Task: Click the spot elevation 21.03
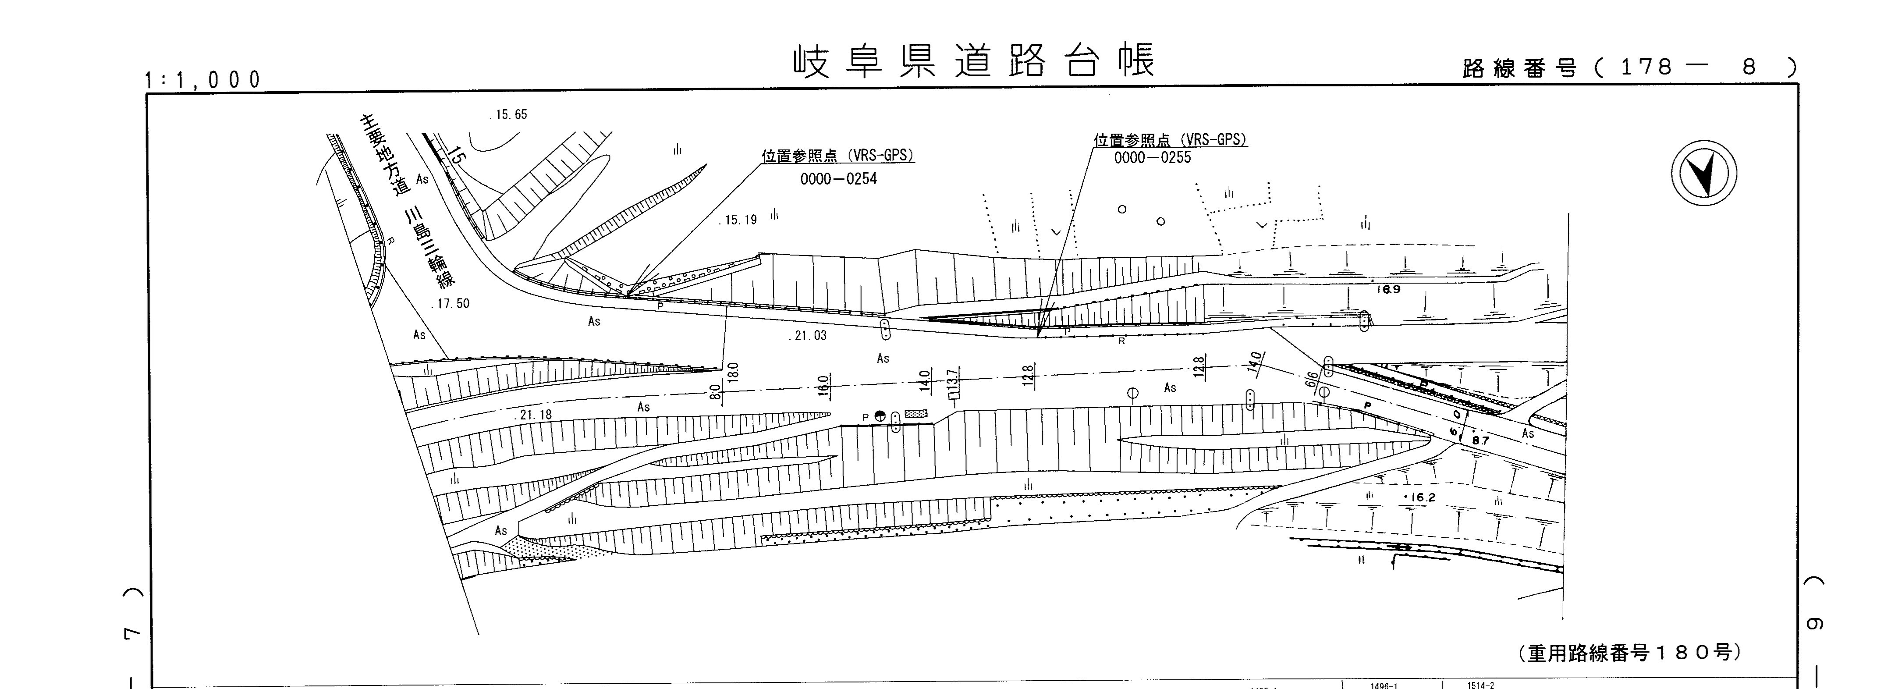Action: [809, 336]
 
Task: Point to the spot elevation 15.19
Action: [739, 220]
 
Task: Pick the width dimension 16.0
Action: [823, 385]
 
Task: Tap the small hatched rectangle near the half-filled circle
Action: [915, 414]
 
